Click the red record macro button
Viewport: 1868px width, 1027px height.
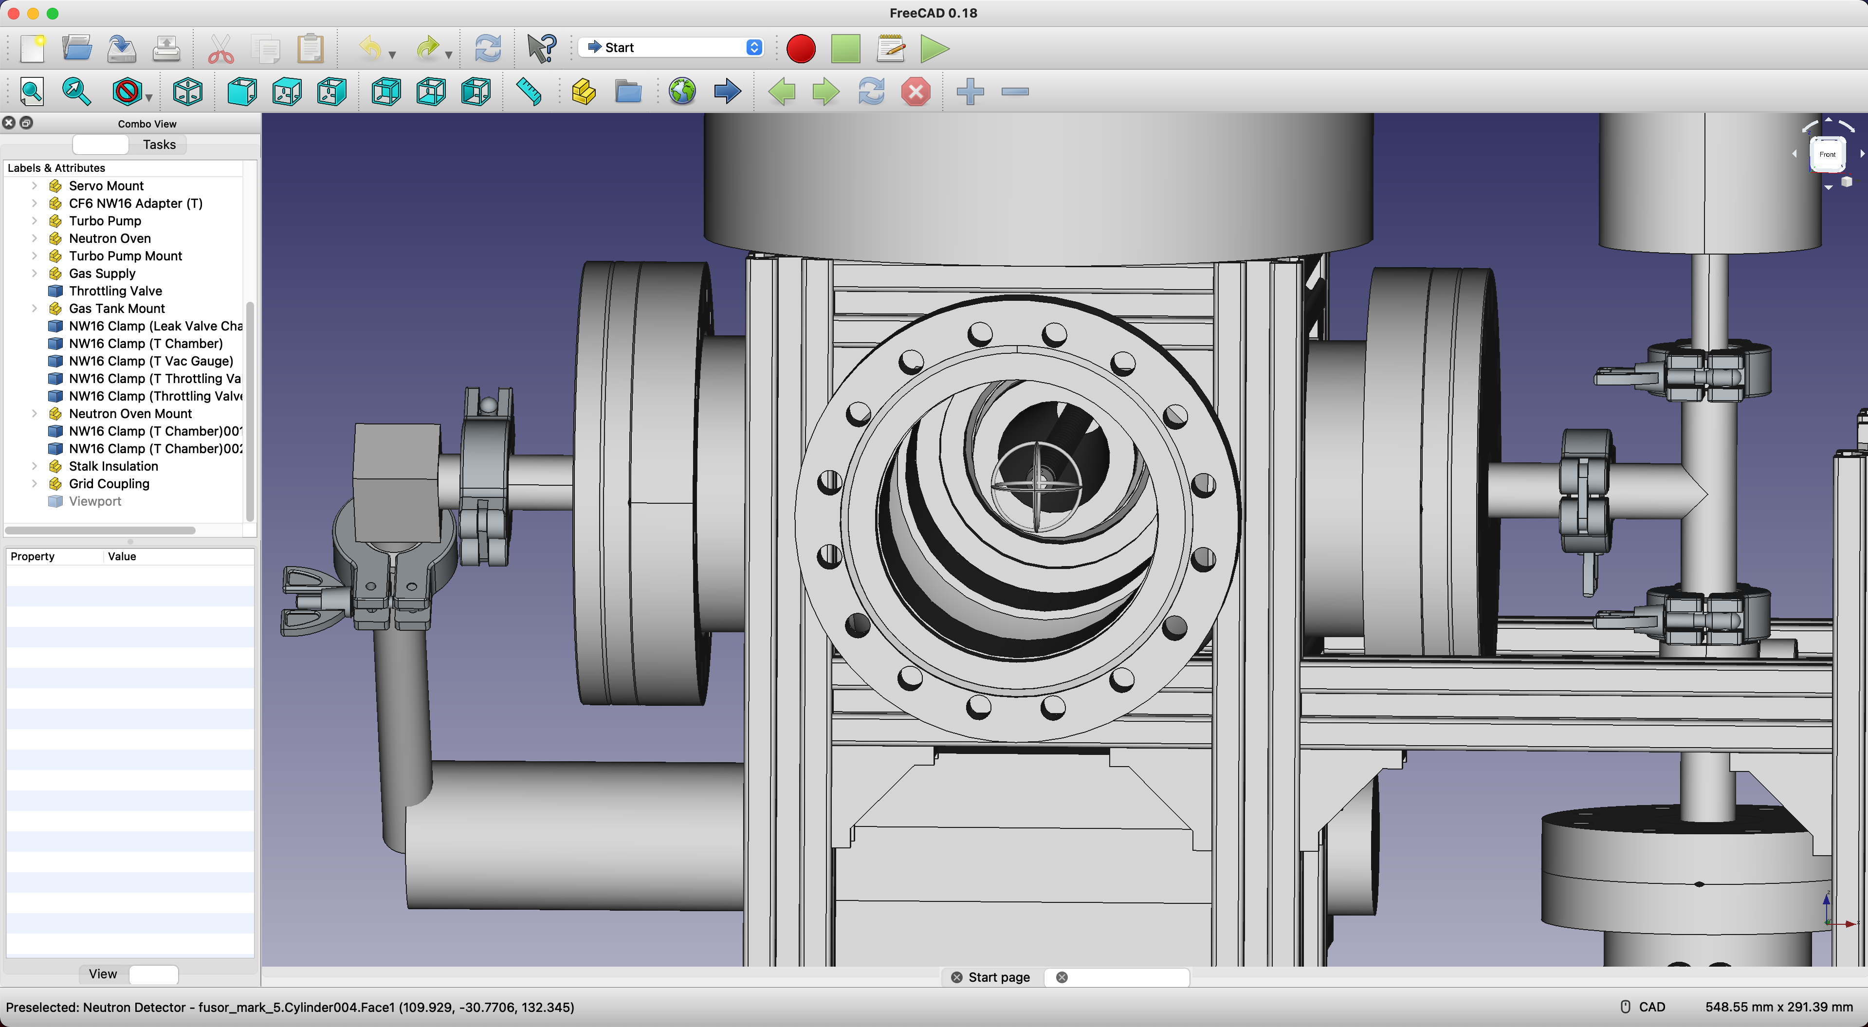click(x=801, y=49)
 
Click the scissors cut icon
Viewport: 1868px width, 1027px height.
click(x=220, y=49)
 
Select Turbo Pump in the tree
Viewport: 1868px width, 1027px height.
click(x=105, y=220)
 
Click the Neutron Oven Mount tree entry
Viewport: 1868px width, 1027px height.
click(x=130, y=413)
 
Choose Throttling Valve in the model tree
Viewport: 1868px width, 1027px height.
click(x=115, y=291)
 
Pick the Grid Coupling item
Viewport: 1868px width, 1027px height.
click(x=109, y=484)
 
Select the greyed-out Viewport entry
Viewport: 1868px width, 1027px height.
click(x=95, y=501)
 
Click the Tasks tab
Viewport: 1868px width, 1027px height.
click(x=159, y=145)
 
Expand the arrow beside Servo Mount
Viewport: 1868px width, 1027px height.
click(x=34, y=185)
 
